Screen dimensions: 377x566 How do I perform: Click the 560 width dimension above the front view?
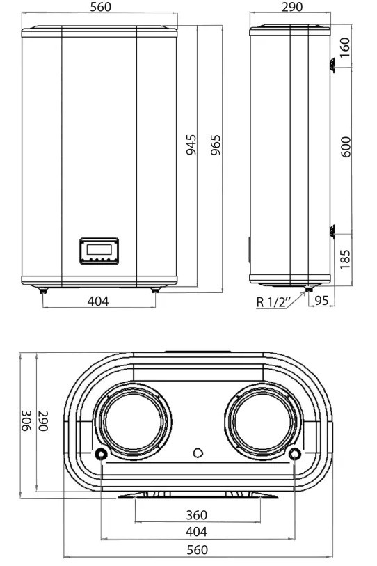101,7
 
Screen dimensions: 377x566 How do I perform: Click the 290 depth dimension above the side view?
292,7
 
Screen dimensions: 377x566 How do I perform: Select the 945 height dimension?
191,144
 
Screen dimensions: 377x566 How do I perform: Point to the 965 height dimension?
216,145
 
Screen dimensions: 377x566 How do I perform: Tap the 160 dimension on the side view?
345,47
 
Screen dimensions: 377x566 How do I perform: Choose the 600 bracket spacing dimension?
346,147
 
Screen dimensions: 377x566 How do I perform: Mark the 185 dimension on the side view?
345,258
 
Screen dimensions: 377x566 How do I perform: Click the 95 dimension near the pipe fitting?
321,300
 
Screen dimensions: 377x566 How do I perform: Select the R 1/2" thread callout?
273,301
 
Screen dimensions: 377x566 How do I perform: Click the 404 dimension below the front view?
98,301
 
